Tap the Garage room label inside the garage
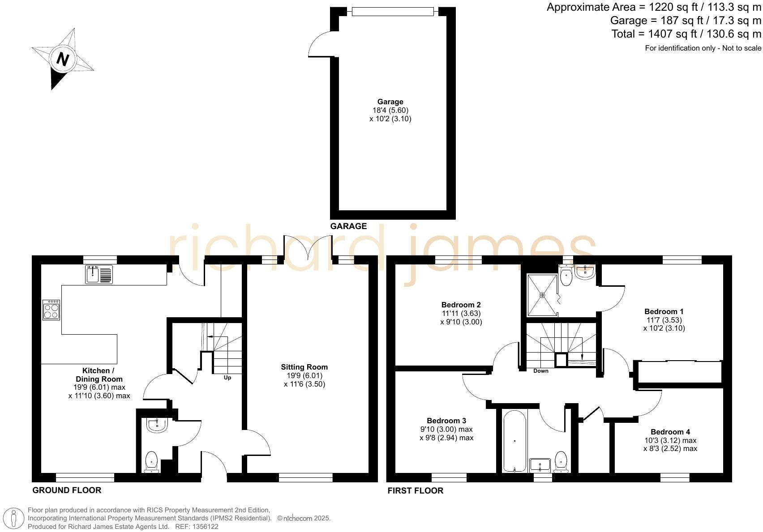pyautogui.click(x=390, y=102)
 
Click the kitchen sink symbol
pyautogui.click(x=99, y=274)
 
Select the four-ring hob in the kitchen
pyautogui.click(x=51, y=309)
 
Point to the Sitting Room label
pyautogui.click(x=304, y=367)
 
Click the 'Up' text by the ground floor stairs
pyautogui.click(x=227, y=378)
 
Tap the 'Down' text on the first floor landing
pyautogui.click(x=540, y=371)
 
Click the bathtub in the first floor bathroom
pyautogui.click(x=514, y=441)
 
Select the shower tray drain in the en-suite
pyautogui.click(x=542, y=295)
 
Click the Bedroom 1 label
pyautogui.click(x=664, y=311)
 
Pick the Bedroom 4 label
pyautogui.click(x=670, y=432)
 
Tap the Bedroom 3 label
pyautogui.click(x=446, y=421)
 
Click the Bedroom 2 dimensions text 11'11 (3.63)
pyautogui.click(x=461, y=313)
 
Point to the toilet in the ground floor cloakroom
pyautogui.click(x=152, y=462)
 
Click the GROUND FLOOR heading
pyautogui.click(x=67, y=490)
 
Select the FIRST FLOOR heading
pyautogui.click(x=415, y=491)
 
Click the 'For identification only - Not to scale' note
pyautogui.click(x=703, y=48)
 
